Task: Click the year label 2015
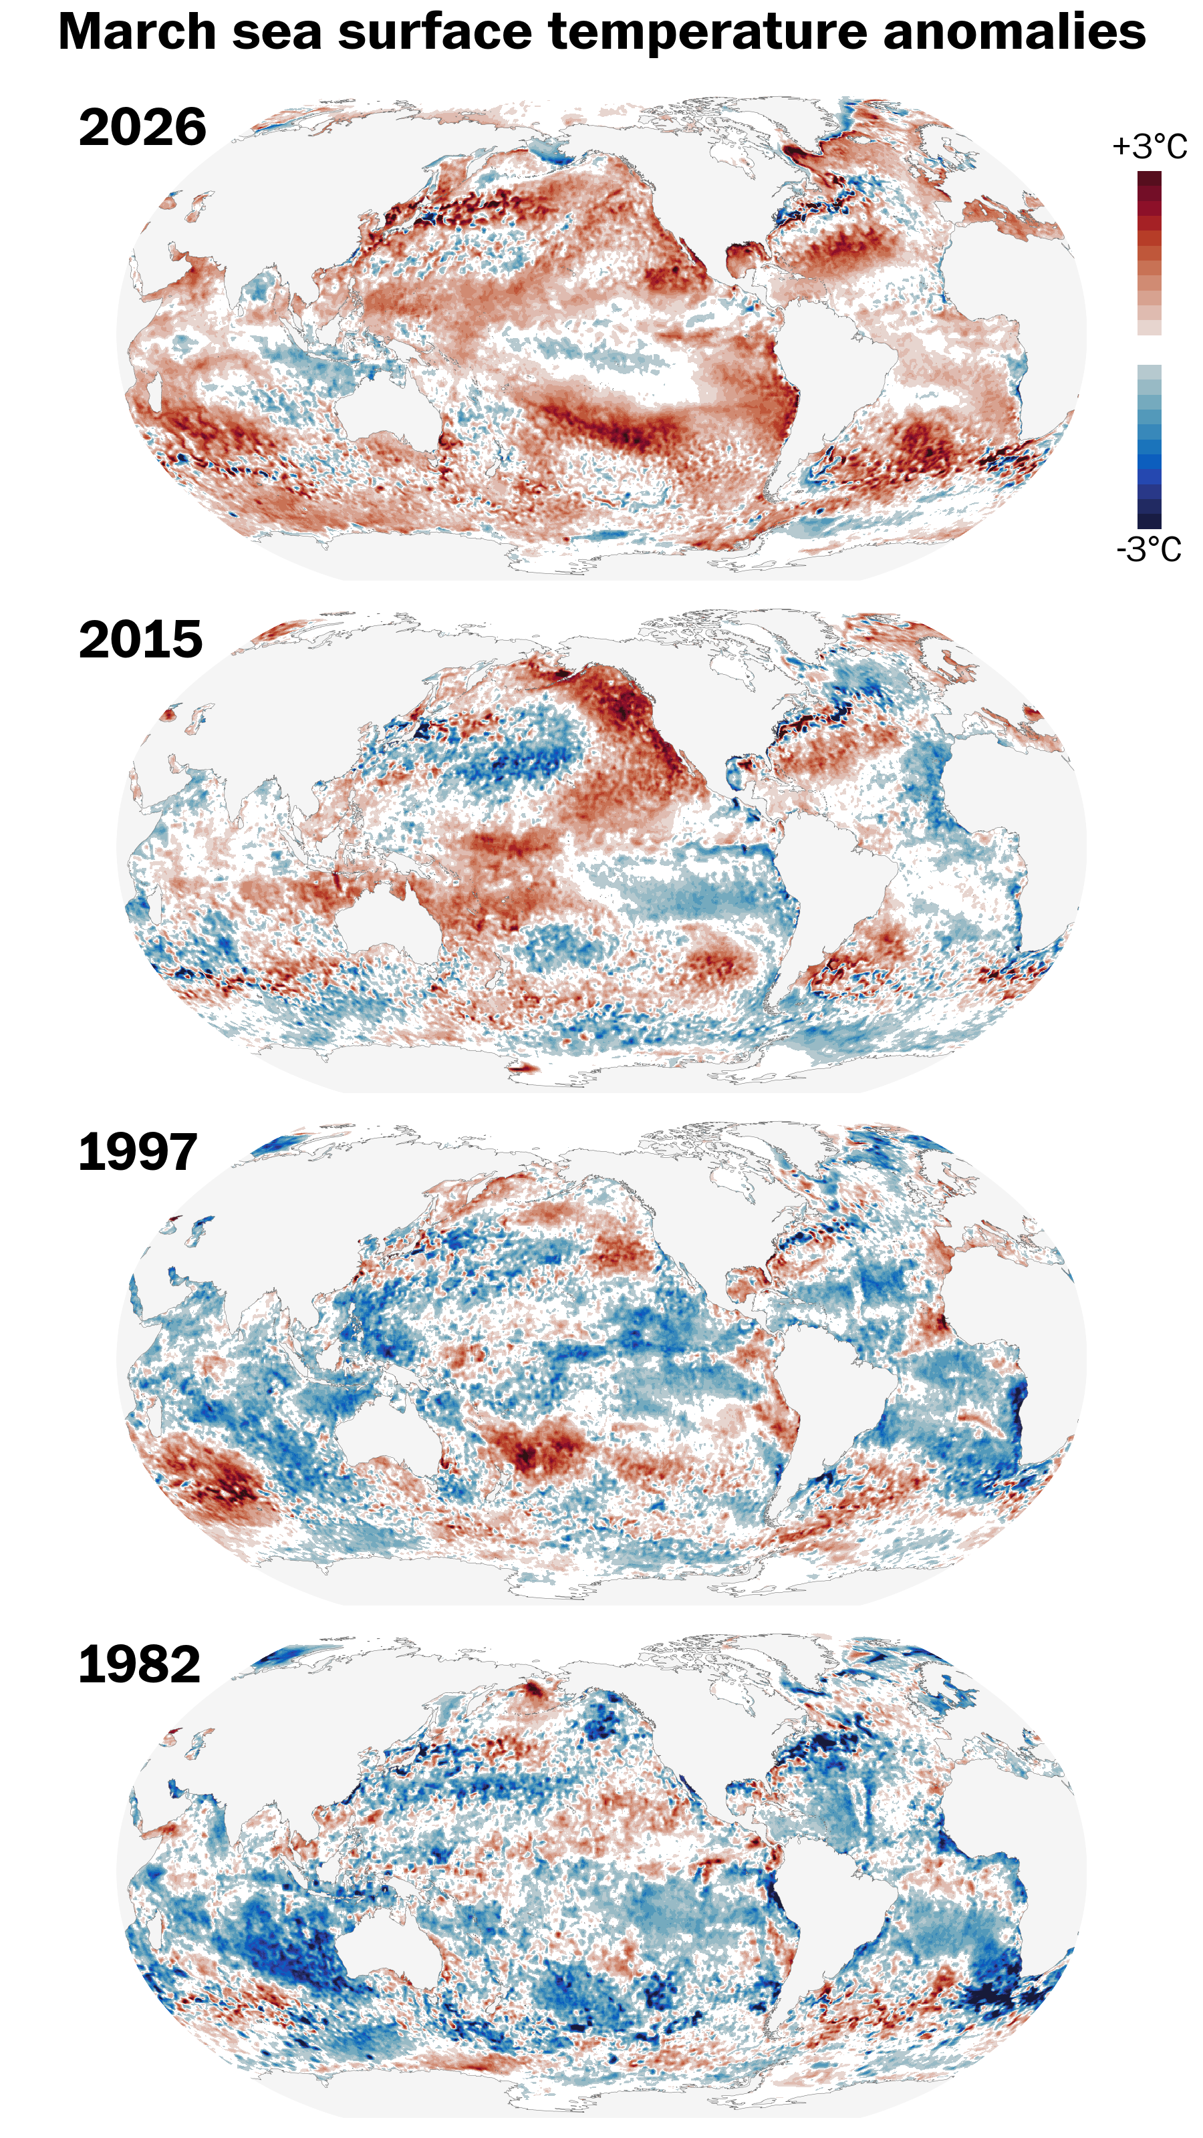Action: point(140,640)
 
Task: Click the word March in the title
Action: point(137,33)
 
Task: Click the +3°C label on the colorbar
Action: point(1149,147)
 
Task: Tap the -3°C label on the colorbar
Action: point(1148,549)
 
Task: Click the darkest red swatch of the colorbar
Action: point(1149,179)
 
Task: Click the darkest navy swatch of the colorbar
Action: point(1149,521)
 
